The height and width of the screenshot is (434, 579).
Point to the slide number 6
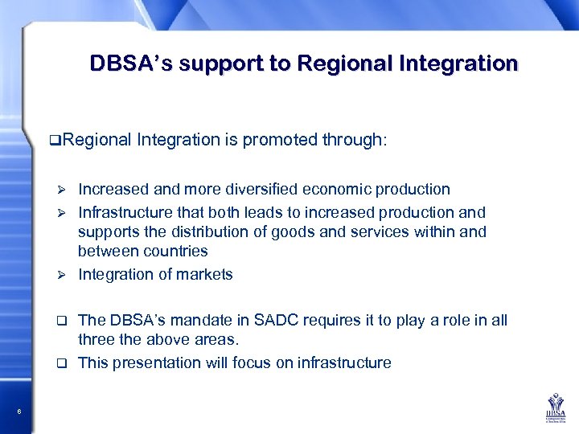click(x=18, y=412)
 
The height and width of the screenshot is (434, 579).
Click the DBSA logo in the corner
click(x=553, y=406)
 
